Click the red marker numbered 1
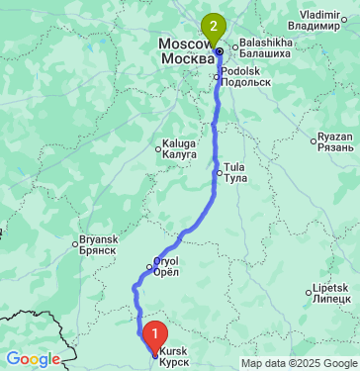[153, 333]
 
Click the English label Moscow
[184, 46]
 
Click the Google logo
[33, 359]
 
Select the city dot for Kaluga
[157, 149]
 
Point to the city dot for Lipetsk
[308, 293]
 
